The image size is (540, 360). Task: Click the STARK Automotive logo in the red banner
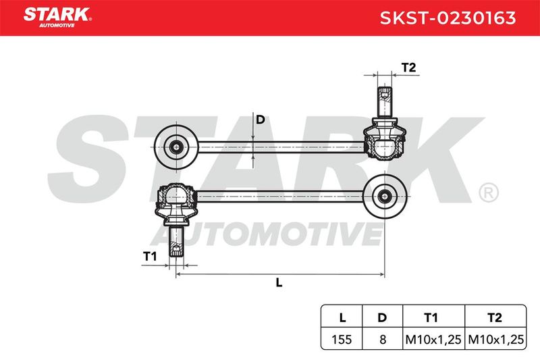57,18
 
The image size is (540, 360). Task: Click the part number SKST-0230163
448,18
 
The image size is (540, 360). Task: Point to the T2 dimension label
409,68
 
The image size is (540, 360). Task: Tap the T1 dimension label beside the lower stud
150,256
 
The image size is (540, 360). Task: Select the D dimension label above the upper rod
261,120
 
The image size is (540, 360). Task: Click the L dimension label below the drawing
279,282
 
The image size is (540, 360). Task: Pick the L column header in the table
342,317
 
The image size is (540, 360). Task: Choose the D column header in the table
382,317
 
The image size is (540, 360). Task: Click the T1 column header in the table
431,317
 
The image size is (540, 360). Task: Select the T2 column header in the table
495,317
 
